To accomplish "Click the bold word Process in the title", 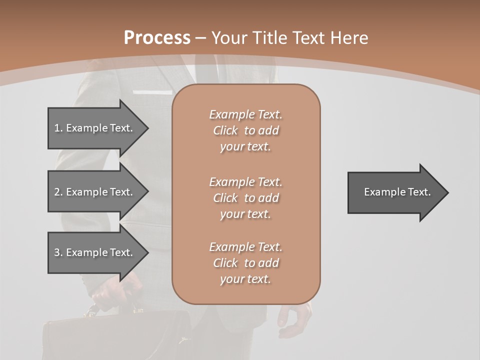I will (157, 37).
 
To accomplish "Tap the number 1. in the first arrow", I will (58, 128).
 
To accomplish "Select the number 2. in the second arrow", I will (58, 192).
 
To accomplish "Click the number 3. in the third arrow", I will (58, 252).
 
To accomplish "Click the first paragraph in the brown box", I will (245, 130).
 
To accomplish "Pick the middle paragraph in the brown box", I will (245, 198).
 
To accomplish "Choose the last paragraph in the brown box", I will (245, 263).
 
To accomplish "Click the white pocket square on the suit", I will (148, 92).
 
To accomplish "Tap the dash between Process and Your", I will (200, 38).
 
